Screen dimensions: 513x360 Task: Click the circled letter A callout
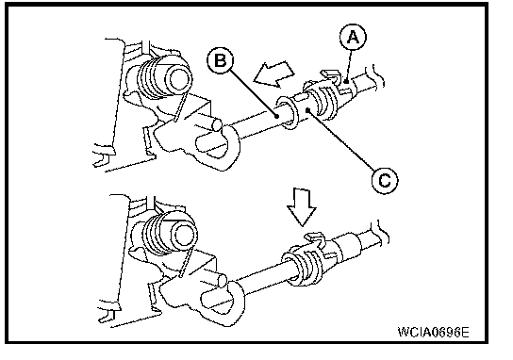[x=353, y=37]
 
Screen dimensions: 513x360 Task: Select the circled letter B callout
[x=220, y=61]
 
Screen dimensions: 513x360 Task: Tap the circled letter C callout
[x=385, y=180]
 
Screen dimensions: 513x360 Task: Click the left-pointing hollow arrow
[x=274, y=74]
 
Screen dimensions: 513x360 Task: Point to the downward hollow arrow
[x=302, y=207]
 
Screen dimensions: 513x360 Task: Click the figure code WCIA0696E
[x=433, y=332]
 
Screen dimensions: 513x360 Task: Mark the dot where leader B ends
[x=277, y=116]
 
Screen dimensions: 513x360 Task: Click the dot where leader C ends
[x=307, y=110]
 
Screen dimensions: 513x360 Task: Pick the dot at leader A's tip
[x=346, y=82]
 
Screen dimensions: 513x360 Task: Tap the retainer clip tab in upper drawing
[x=329, y=75]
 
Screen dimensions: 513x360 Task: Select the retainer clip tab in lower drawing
[x=314, y=238]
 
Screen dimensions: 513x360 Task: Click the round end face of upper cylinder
[x=179, y=79]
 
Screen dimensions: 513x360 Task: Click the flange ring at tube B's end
[x=288, y=112]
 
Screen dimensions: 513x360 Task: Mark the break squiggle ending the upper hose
[x=378, y=75]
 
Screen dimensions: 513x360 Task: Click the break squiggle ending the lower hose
[x=383, y=232]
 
